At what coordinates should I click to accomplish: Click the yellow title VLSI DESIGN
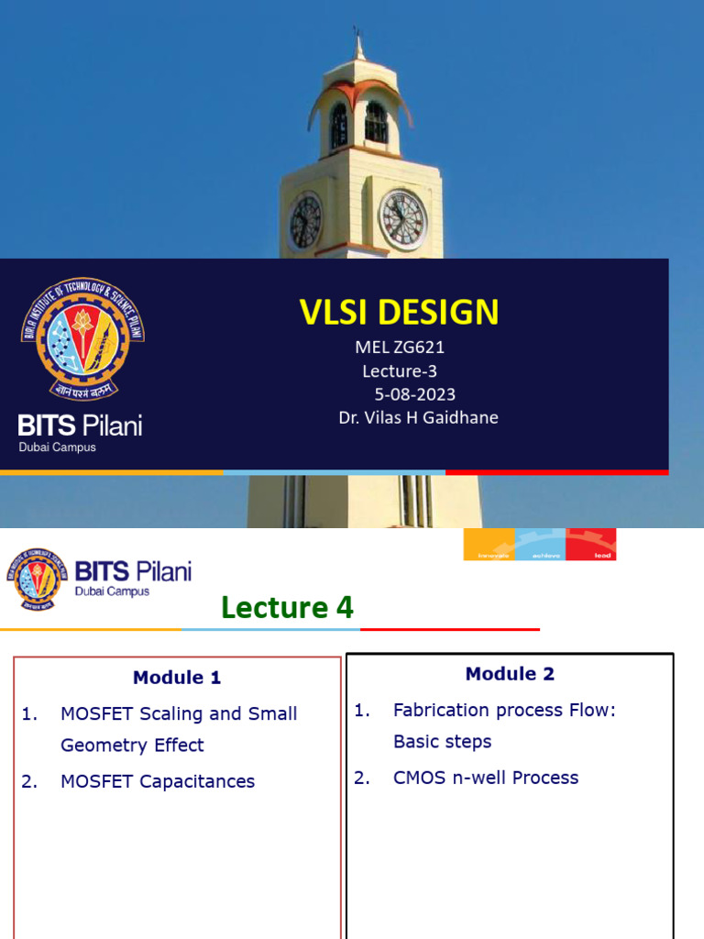coord(399,313)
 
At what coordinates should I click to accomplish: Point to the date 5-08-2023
coord(414,394)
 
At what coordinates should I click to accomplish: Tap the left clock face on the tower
coord(305,223)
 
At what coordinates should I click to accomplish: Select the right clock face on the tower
coord(403,219)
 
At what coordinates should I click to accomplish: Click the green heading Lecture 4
coord(287,607)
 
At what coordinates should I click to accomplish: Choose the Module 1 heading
coord(177,678)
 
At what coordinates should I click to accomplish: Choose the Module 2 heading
coord(510,674)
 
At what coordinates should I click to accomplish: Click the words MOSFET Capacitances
coord(158,781)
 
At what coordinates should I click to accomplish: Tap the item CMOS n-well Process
coord(486,778)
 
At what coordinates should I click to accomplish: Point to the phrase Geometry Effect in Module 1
coord(132,746)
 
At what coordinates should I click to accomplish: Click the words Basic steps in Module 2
coord(442,742)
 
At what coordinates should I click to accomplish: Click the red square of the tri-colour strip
coord(590,544)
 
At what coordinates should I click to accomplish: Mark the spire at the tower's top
coord(357,46)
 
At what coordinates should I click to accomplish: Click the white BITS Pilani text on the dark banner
coord(81,425)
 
